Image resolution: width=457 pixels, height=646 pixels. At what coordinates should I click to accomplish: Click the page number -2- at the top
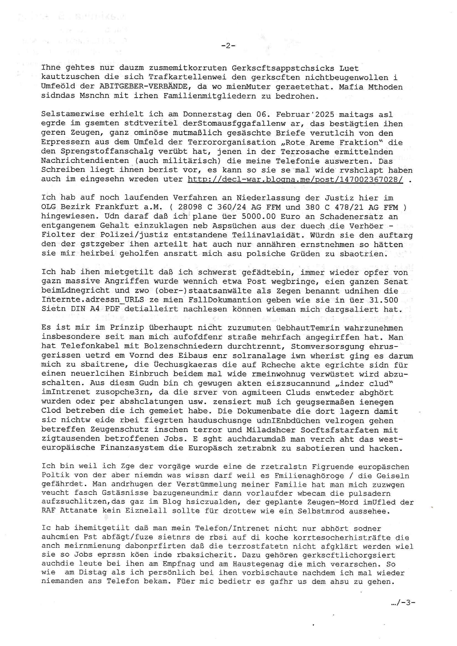coord(228,46)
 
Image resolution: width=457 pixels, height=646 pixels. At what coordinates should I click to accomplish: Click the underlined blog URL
coord(295,179)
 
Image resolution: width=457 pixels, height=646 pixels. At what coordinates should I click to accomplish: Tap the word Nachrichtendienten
coord(85,161)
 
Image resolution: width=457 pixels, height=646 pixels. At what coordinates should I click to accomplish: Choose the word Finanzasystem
coord(132,448)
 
